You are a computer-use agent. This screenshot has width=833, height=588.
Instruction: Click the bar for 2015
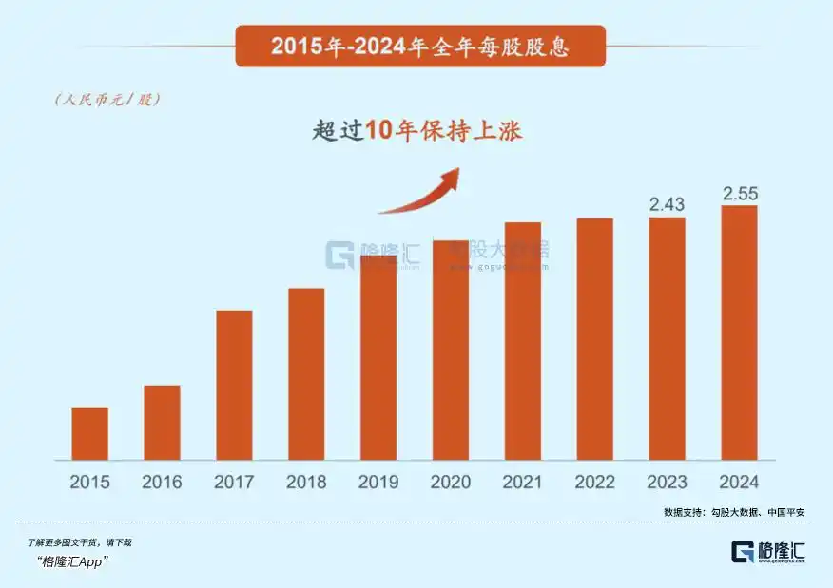pos(89,434)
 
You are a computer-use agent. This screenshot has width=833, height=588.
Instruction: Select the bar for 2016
pos(162,423)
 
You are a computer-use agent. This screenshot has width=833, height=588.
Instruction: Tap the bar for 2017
pos(234,386)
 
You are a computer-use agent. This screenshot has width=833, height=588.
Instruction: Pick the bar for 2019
pos(378,358)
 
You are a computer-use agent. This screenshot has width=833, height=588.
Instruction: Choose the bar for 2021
pos(523,342)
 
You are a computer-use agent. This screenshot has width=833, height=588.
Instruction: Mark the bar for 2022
pos(594,340)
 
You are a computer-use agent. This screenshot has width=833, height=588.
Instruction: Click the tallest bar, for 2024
pos(739,333)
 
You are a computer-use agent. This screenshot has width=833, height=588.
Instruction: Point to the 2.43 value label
pos(667,204)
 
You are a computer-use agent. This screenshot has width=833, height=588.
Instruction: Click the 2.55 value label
pos(739,193)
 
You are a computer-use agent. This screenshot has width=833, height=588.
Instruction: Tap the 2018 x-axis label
pos(306,482)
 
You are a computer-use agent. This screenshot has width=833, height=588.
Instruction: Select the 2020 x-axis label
pos(451,482)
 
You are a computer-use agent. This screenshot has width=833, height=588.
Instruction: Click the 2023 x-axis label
pos(667,482)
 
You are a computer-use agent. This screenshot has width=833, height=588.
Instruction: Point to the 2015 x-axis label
pos(89,482)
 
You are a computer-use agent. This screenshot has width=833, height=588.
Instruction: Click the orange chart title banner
pos(419,46)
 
